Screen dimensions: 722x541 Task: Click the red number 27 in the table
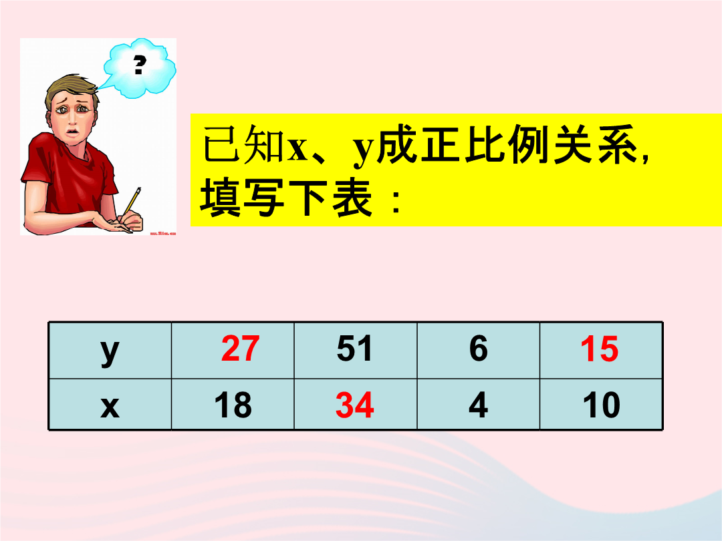click(240, 349)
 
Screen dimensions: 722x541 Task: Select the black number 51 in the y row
click(354, 349)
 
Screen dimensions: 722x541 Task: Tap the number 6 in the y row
click(479, 349)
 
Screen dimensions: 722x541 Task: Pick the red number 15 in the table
click(599, 349)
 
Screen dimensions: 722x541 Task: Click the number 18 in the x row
click(233, 405)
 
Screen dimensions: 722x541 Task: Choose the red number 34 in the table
click(354, 405)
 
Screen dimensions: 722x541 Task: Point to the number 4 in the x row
click(479, 405)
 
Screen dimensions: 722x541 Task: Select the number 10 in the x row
click(602, 405)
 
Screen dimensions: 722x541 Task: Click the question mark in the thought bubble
click(140, 65)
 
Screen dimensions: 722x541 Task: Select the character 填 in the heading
click(221, 198)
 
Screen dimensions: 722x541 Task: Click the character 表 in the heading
click(352, 198)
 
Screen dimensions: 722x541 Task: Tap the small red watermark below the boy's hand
click(163, 233)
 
